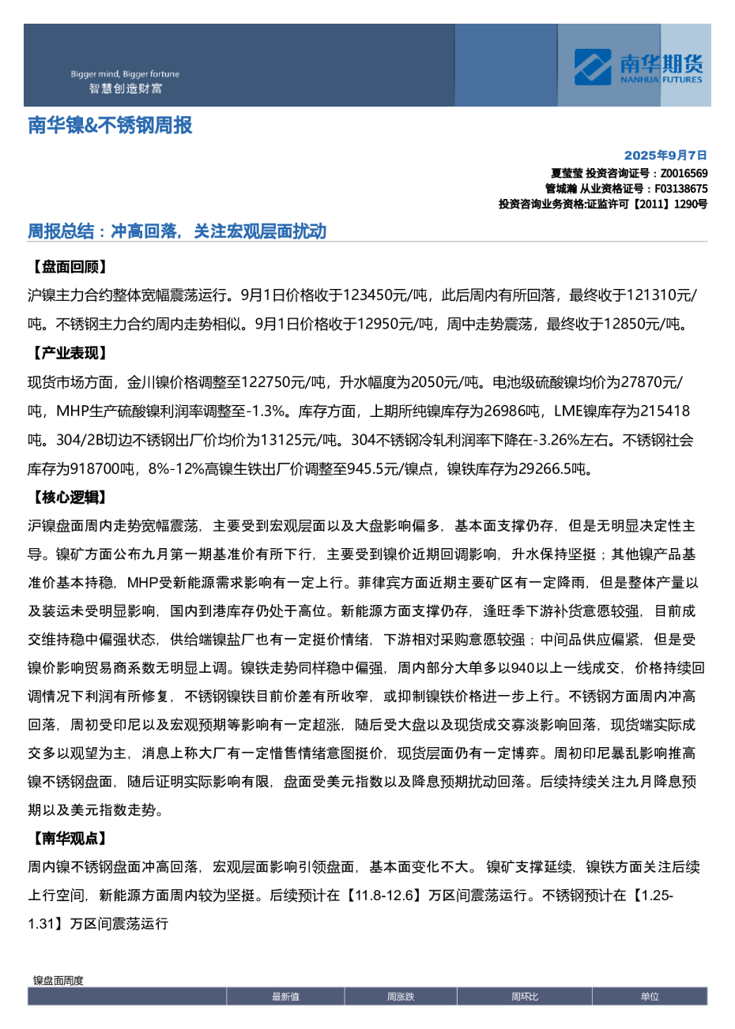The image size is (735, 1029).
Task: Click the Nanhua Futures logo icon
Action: [x=593, y=67]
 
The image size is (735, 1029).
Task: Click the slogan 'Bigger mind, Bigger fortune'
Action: [x=125, y=74]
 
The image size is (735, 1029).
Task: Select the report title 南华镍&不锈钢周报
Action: [x=110, y=126]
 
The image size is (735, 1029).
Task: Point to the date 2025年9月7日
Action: [x=665, y=156]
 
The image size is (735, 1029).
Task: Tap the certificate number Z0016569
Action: [x=684, y=173]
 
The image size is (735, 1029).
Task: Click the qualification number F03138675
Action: [x=680, y=189]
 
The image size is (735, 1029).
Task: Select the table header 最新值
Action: [x=285, y=997]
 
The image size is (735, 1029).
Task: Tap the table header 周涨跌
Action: [x=401, y=997]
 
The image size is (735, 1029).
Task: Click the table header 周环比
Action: [x=525, y=997]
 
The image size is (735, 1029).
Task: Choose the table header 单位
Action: [x=650, y=997]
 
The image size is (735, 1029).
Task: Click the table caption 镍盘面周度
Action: [x=58, y=981]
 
